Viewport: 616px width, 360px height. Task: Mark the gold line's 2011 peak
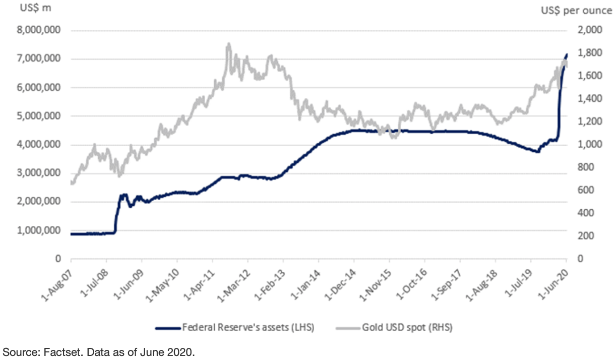pos(228,44)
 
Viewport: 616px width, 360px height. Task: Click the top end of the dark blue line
pos(567,54)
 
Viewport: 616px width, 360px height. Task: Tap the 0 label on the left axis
pos(58,259)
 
